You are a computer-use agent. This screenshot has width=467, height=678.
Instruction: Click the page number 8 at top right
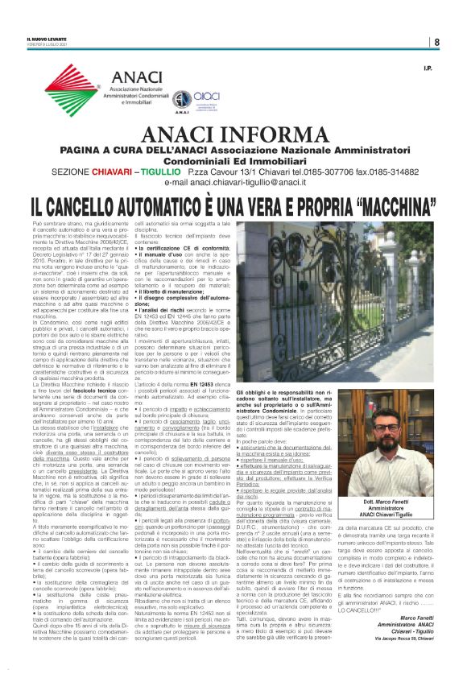436,42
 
